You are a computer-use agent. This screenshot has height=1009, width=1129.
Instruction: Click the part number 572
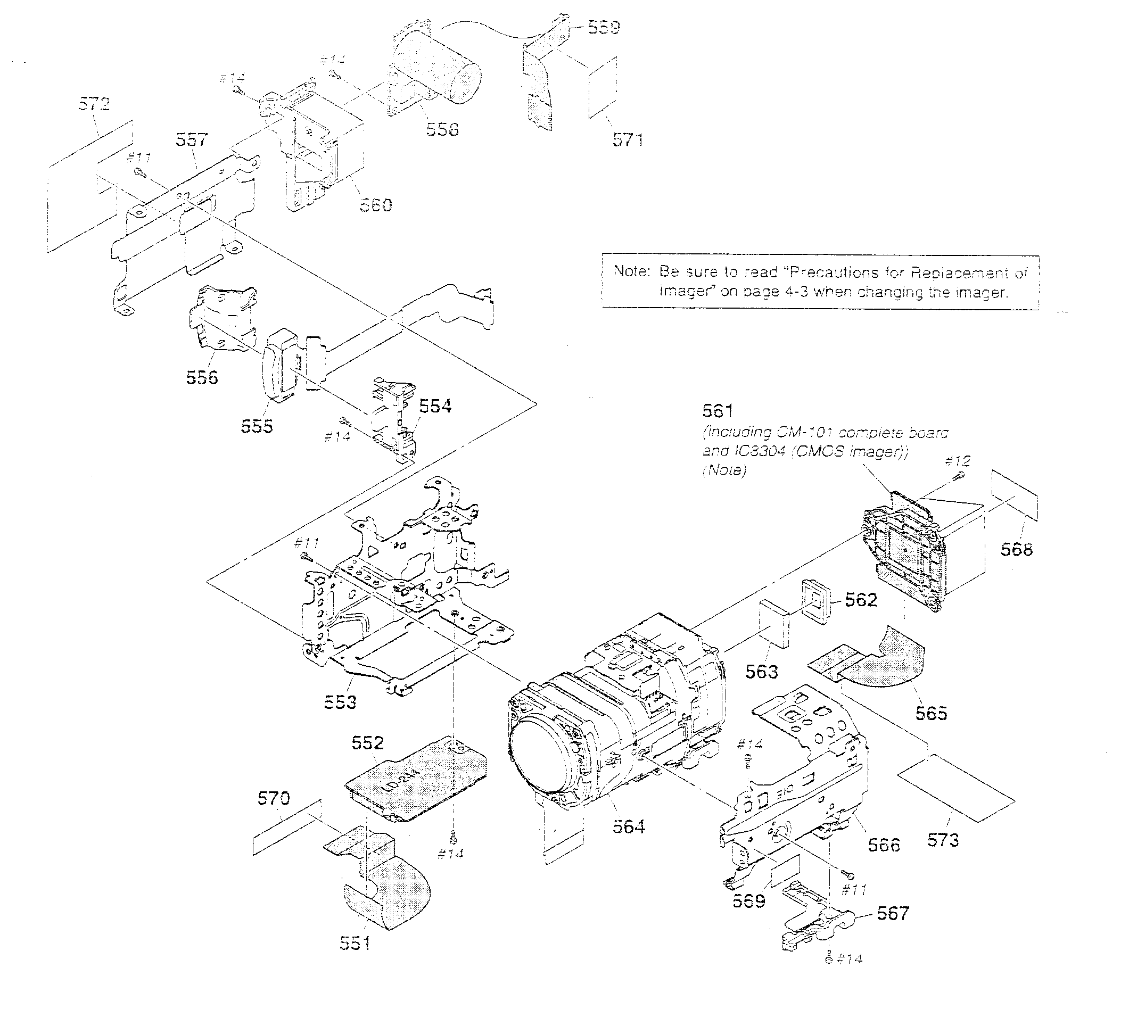(x=94, y=104)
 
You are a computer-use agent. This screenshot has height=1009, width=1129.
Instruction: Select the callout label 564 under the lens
(x=629, y=826)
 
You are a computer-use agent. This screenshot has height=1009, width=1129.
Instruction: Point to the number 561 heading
(x=718, y=411)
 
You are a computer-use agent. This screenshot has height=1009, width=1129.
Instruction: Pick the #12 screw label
(x=958, y=460)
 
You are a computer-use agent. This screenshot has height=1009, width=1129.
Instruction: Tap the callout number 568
(x=1017, y=549)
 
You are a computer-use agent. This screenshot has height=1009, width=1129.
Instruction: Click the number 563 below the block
(x=761, y=672)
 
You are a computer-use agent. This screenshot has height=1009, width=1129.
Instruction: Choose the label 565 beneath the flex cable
(x=931, y=713)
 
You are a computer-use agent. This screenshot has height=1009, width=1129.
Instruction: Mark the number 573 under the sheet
(x=943, y=840)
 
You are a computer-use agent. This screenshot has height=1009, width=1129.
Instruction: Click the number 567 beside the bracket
(x=893, y=913)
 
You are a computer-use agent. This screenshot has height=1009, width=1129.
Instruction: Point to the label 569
(x=748, y=901)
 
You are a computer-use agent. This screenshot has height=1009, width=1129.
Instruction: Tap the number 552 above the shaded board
(x=368, y=742)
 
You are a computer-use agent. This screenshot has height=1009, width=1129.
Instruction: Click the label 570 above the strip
(x=274, y=798)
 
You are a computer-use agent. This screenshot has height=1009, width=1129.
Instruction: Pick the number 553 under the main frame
(x=340, y=702)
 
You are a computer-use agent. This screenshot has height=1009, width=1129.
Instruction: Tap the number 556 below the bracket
(x=202, y=377)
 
